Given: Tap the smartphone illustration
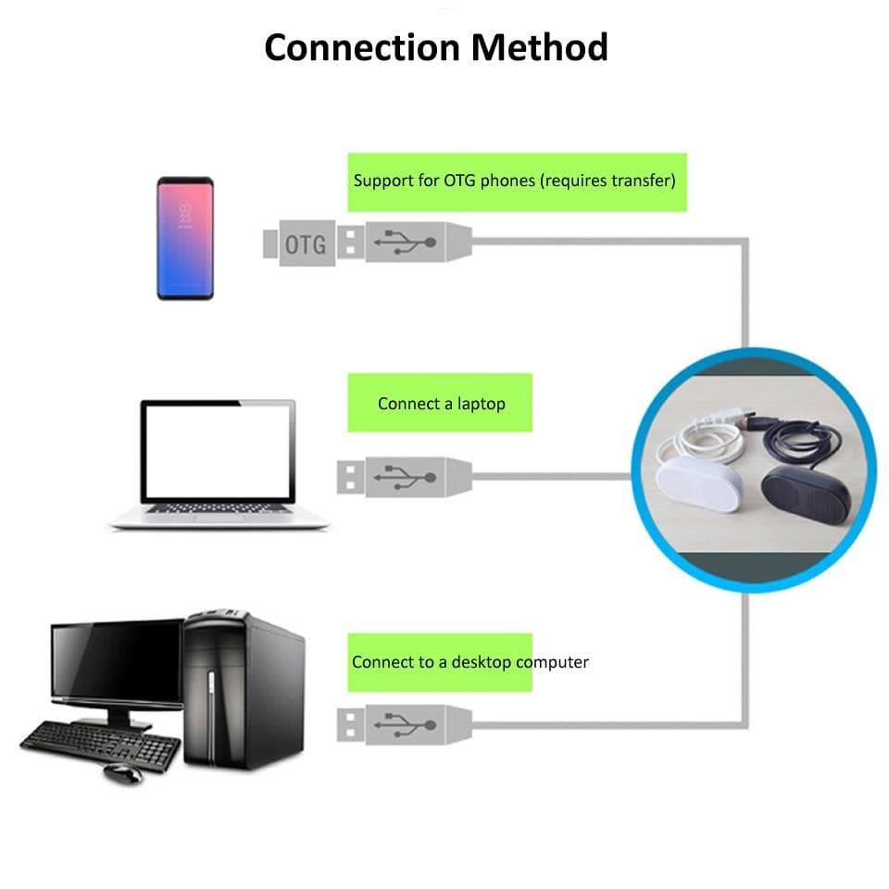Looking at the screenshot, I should tap(185, 238).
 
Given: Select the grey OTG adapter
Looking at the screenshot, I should tap(299, 244).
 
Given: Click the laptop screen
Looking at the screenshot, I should tap(219, 451).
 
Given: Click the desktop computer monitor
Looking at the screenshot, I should tap(116, 662).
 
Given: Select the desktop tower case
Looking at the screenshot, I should tap(243, 690).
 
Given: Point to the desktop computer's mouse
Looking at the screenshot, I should tap(122, 772).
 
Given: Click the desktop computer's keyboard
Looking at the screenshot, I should tap(100, 744).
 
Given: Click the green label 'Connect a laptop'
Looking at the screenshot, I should tap(441, 404).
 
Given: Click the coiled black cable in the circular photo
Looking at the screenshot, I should tap(804, 435).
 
